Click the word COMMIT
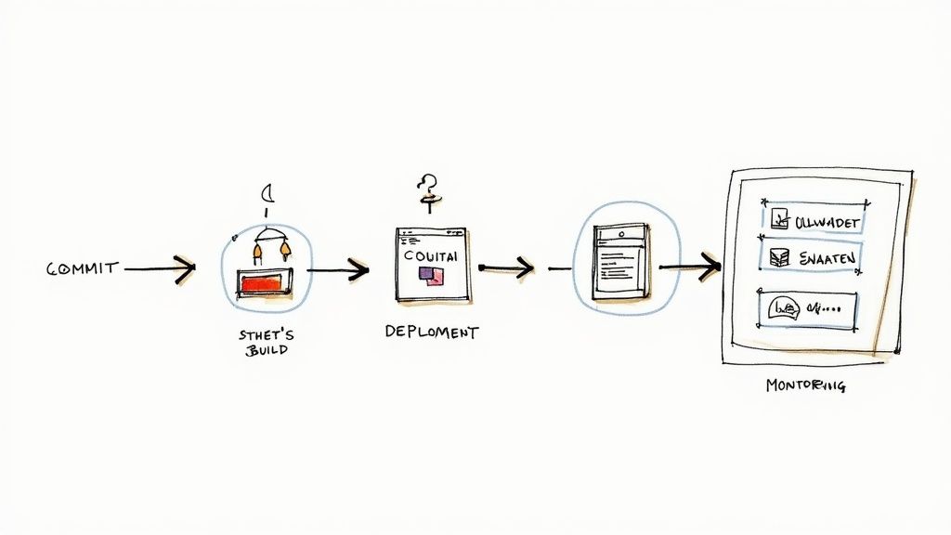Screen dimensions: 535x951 pyautogui.click(x=83, y=268)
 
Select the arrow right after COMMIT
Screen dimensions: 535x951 pyautogui.click(x=160, y=269)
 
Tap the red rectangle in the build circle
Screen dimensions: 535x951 pyautogui.click(x=265, y=281)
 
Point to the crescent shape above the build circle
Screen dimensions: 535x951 pyautogui.click(x=267, y=194)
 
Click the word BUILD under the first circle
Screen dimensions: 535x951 pyautogui.click(x=267, y=351)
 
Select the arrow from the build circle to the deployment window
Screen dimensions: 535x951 pyautogui.click(x=338, y=271)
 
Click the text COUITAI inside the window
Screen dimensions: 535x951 pyautogui.click(x=431, y=254)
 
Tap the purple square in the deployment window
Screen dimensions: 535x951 pyautogui.click(x=427, y=273)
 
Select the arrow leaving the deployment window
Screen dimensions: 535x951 pyautogui.click(x=507, y=268)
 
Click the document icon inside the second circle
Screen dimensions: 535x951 pyautogui.click(x=620, y=261)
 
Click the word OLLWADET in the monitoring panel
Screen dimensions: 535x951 pyautogui.click(x=828, y=222)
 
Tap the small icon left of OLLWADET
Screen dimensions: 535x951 pyautogui.click(x=778, y=220)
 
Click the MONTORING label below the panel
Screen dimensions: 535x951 pyautogui.click(x=805, y=385)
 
